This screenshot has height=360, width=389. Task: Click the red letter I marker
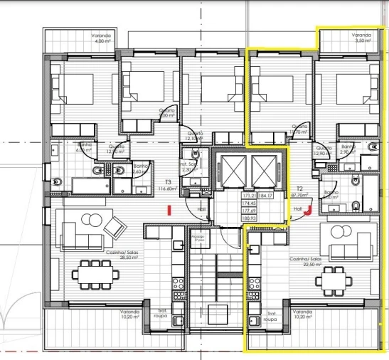click(x=169, y=209)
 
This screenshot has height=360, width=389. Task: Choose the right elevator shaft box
click(x=265, y=169)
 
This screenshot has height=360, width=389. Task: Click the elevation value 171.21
click(x=248, y=195)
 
